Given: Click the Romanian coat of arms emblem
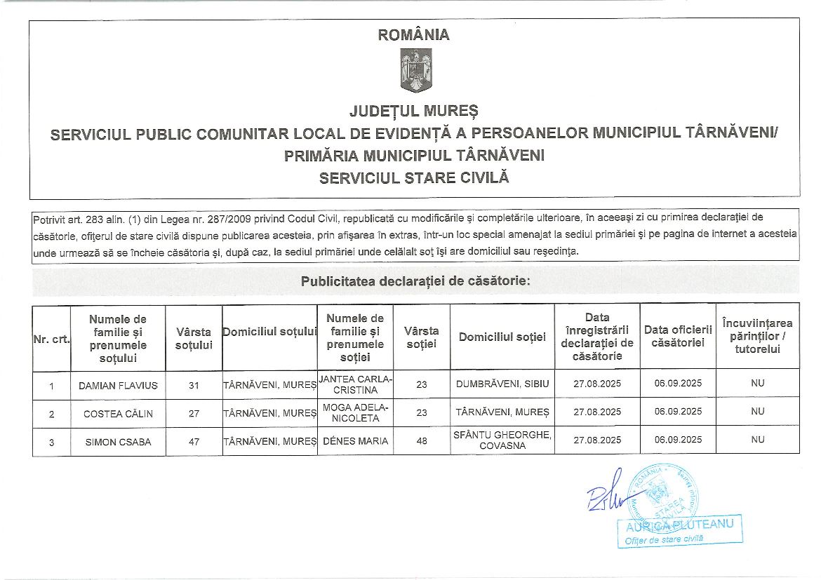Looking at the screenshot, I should pyautogui.click(x=414, y=71).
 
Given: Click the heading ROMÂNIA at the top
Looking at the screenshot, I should pyautogui.click(x=414, y=35).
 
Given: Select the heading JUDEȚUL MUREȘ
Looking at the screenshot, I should pyautogui.click(x=414, y=111).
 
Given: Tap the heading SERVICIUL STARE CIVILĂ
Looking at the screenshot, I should pyautogui.click(x=414, y=178).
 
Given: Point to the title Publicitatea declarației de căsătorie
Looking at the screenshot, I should pyautogui.click(x=415, y=282).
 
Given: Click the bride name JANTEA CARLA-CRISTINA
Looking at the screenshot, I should pyautogui.click(x=356, y=385).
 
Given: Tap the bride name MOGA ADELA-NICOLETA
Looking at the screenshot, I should pyautogui.click(x=356, y=413).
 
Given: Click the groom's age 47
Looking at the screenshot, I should pyautogui.click(x=194, y=442).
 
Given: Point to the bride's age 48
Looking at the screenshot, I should pyautogui.click(x=422, y=442).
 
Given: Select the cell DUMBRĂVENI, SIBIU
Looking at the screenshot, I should pyautogui.click(x=502, y=384).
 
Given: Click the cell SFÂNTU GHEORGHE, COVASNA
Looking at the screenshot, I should pyautogui.click(x=502, y=440).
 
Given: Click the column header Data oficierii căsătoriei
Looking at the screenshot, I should pyautogui.click(x=678, y=336).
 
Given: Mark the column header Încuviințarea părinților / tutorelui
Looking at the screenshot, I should pyautogui.click(x=757, y=336).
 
